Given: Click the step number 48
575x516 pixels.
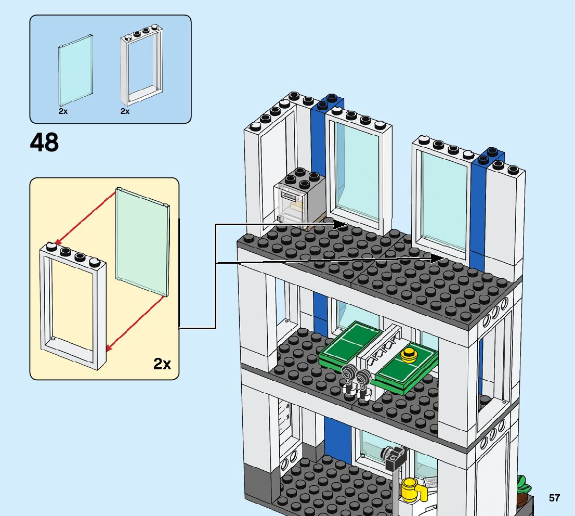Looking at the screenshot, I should pyautogui.click(x=45, y=142).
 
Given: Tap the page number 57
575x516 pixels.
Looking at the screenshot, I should pyautogui.click(x=554, y=498).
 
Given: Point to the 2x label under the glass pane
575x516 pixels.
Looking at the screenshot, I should pyautogui.click(x=63, y=111).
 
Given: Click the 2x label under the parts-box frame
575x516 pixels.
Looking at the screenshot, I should pyautogui.click(x=125, y=111).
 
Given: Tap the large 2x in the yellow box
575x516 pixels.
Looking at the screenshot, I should pyautogui.click(x=162, y=364).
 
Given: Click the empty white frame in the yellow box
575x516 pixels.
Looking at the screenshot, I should pyautogui.click(x=73, y=307).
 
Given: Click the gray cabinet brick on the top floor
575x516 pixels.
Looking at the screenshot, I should pyautogui.click(x=300, y=200).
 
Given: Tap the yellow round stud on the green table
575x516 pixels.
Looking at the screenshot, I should pyautogui.click(x=409, y=356).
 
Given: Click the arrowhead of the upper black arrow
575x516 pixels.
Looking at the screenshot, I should pyautogui.click(x=341, y=225).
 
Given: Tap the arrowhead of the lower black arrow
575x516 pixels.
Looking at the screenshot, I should pyautogui.click(x=438, y=257).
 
